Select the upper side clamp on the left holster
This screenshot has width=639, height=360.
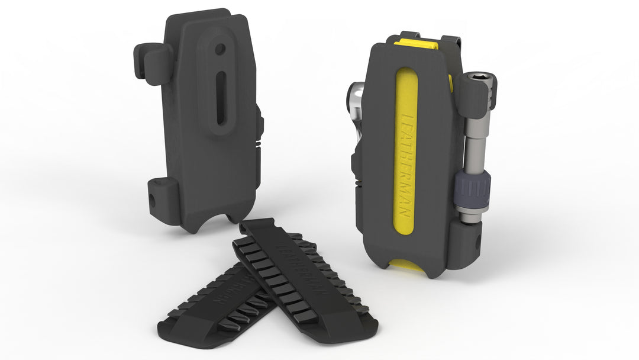(x=153, y=62)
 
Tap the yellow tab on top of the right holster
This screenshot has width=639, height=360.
(x=417, y=43)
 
